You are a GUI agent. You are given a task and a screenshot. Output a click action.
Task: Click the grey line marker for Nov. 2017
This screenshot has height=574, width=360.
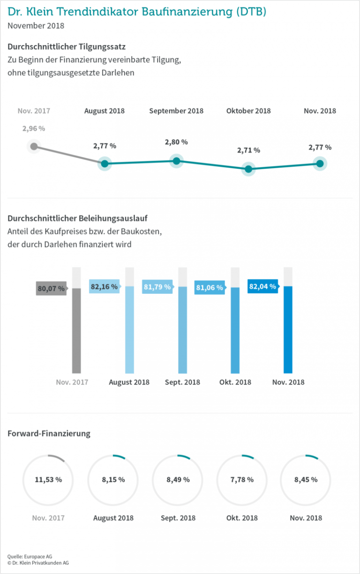coord(33,146)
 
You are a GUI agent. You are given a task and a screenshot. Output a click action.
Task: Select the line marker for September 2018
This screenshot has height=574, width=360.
coord(176,161)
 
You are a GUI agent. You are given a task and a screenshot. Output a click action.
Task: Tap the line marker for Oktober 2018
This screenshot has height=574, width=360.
coord(248,169)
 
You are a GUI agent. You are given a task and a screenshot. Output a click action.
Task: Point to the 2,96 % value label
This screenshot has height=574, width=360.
coord(34,128)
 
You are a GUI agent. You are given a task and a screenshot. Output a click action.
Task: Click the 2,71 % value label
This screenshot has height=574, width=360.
coord(248,150)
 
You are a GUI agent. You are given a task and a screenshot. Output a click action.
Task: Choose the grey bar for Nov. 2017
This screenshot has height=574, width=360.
coord(76,330)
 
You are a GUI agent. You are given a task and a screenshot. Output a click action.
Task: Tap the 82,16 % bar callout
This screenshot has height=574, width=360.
coord(104,286)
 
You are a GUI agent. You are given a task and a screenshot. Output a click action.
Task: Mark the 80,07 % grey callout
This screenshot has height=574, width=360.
coord(51,289)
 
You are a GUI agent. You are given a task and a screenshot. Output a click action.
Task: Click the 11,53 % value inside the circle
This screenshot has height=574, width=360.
coord(48,479)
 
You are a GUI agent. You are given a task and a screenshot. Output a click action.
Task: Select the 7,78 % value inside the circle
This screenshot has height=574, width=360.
coord(242,479)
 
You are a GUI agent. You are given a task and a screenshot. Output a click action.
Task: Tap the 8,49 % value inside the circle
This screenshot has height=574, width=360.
coord(178,479)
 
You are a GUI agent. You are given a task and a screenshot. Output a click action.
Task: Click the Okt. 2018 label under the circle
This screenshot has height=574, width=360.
coord(242,518)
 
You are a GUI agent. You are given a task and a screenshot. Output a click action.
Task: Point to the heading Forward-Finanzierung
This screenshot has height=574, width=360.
coord(49,433)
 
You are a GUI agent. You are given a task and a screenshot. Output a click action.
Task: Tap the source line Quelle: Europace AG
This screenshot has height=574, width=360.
coord(30,556)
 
